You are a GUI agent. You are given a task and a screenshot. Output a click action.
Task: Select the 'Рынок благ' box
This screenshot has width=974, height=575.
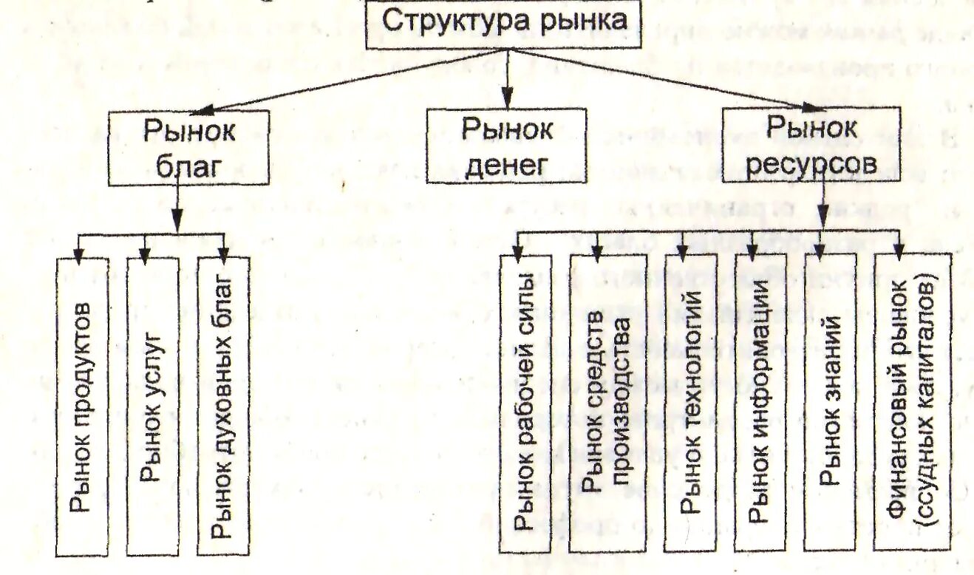coord(188,147)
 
